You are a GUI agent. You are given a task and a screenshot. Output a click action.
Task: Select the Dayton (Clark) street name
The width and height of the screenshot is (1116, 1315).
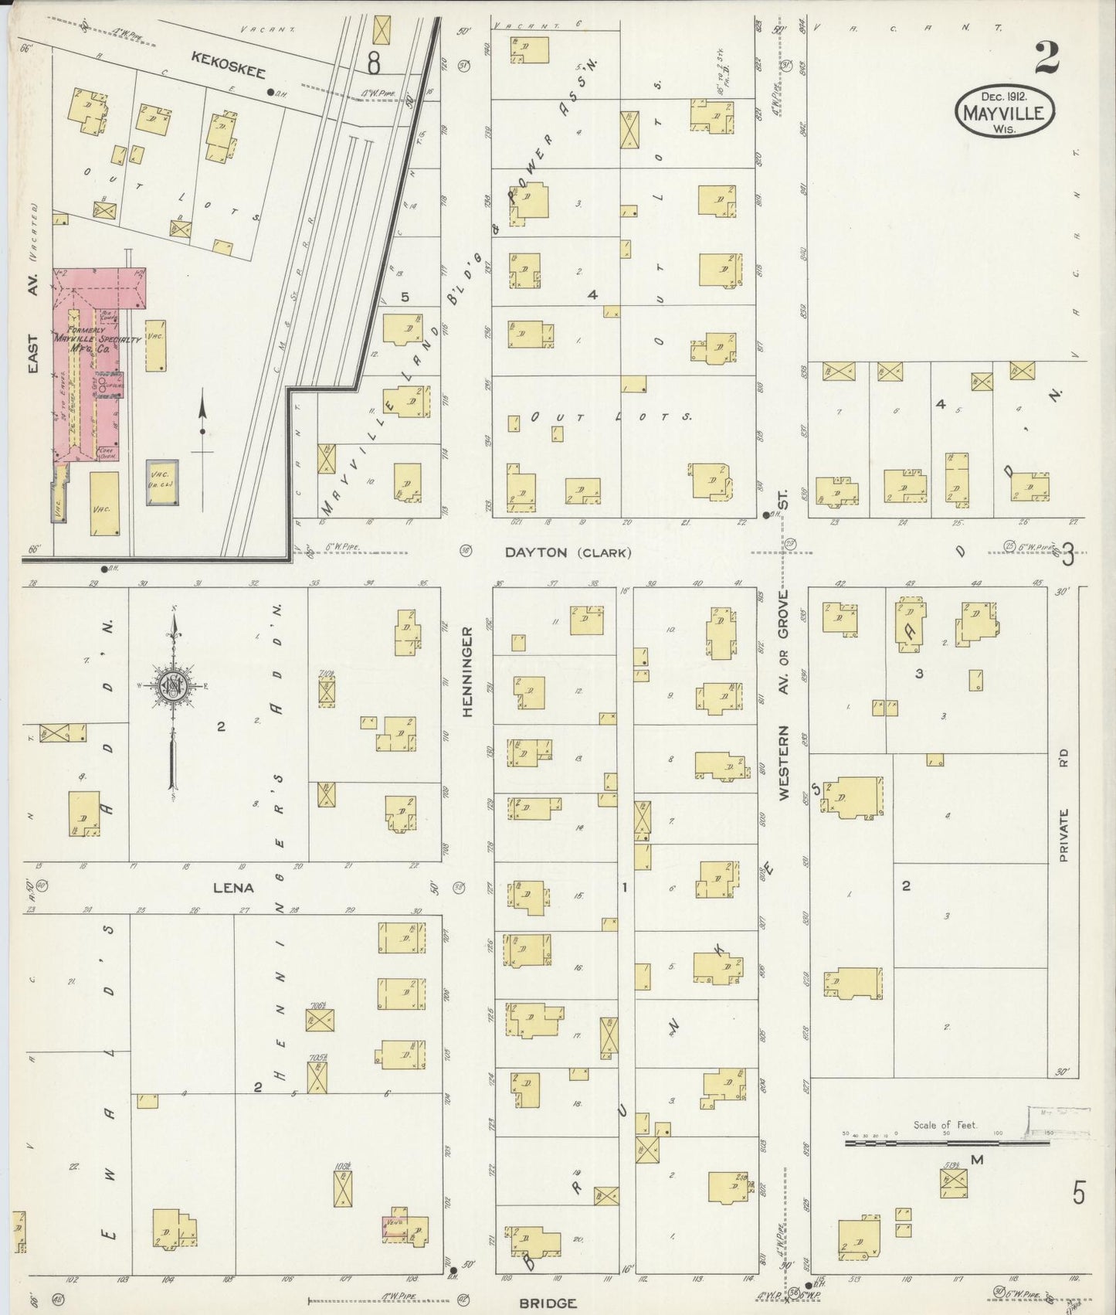coord(568,552)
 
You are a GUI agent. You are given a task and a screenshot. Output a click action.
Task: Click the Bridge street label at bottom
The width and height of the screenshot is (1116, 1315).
coord(547,1303)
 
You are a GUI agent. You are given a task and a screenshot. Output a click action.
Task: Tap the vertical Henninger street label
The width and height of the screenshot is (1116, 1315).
coord(467,671)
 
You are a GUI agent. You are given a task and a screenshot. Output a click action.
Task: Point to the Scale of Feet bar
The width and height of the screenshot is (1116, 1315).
coord(946,1141)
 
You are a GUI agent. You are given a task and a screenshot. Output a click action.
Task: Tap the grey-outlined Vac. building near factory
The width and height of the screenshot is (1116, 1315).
coord(161,483)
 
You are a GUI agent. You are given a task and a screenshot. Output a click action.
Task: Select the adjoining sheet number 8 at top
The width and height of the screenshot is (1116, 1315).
coord(374,63)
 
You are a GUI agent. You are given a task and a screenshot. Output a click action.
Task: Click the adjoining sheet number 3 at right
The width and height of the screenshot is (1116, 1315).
coord(1068,556)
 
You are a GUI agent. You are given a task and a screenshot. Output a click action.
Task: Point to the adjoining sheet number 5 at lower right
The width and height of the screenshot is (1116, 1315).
coord(1078,1193)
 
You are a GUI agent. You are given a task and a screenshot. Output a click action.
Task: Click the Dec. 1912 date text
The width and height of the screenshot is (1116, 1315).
coord(1003,97)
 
